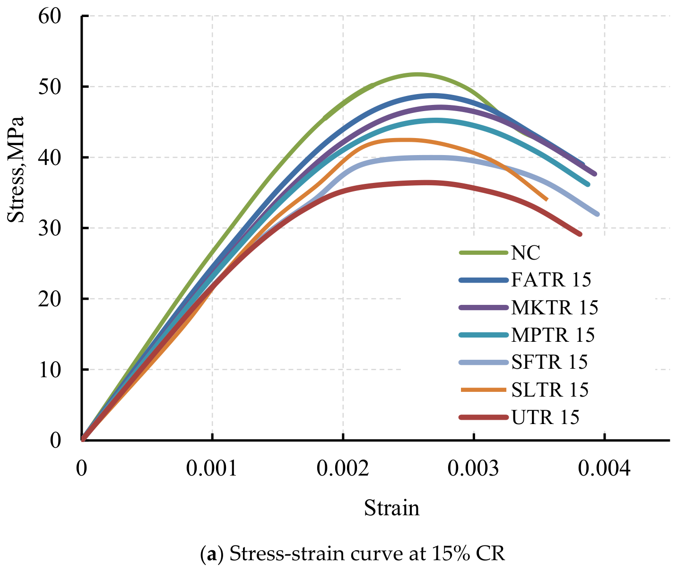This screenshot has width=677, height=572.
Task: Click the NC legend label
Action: click(x=525, y=253)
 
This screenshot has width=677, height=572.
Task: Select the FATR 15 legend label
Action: click(x=551, y=280)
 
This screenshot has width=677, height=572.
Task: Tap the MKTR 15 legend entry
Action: click(x=554, y=307)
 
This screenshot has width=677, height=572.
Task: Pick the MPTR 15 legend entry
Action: click(x=553, y=335)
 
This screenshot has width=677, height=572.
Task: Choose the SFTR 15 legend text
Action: click(x=549, y=362)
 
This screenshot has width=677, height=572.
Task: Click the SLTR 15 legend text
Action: click(x=549, y=390)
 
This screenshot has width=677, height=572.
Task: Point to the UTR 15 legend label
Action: click(x=545, y=417)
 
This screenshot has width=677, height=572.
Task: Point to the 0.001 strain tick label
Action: click(x=212, y=469)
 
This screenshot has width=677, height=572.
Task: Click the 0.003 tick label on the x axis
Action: click(x=473, y=469)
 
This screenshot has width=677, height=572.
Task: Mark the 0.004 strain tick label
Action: click(x=604, y=469)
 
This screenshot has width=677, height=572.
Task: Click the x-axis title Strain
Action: click(x=391, y=508)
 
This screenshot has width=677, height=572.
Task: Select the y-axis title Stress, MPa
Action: click(x=17, y=169)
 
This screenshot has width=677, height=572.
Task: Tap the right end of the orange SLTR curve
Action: click(x=546, y=199)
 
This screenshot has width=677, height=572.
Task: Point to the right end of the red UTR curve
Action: click(x=580, y=234)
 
